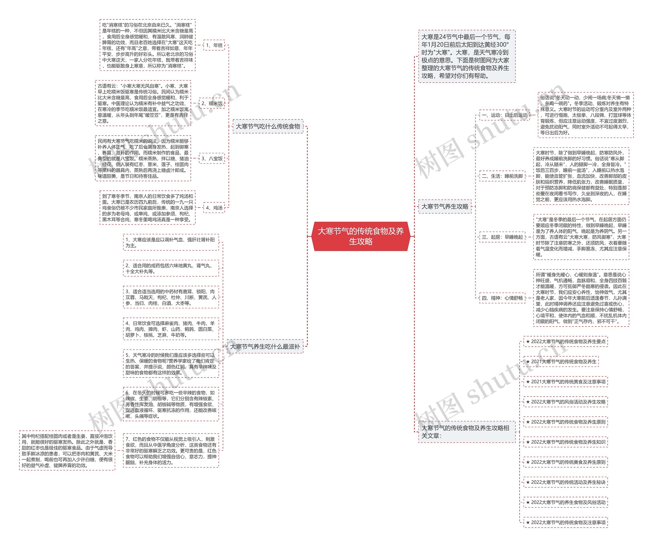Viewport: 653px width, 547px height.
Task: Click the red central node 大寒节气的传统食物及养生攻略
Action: click(360, 236)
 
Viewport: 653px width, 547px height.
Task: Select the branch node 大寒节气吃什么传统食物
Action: click(268, 126)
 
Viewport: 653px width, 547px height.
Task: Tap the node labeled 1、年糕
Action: click(214, 45)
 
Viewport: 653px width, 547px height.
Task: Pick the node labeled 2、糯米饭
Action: click(212, 103)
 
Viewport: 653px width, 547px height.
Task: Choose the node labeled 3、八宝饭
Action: click(212, 159)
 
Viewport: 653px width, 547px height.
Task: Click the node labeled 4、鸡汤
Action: click(214, 208)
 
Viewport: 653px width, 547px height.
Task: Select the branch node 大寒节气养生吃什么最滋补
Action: click(265, 347)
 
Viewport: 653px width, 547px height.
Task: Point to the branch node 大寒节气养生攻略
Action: click(445, 206)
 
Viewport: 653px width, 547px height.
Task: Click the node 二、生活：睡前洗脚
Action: click(502, 176)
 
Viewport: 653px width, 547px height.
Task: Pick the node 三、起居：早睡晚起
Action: click(502, 237)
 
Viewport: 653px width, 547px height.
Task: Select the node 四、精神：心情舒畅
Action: click(502, 298)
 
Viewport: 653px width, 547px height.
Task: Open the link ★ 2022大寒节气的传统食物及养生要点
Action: click(566, 342)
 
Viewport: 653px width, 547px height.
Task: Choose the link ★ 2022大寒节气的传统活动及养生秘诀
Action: click(566, 482)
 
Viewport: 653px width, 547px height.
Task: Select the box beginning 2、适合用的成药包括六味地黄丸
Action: click(171, 268)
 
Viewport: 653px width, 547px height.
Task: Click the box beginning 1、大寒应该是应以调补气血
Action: click(171, 242)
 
